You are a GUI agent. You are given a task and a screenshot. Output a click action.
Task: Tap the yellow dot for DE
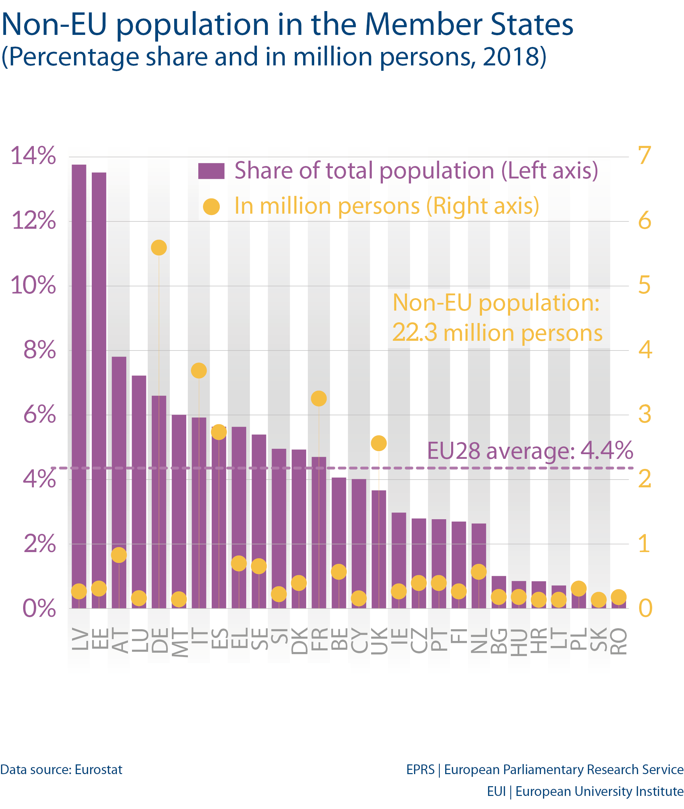click(x=158, y=247)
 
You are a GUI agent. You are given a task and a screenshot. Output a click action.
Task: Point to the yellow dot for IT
click(x=199, y=370)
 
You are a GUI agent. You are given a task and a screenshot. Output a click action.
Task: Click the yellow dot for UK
click(x=379, y=443)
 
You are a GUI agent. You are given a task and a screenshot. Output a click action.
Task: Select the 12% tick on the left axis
click(x=34, y=221)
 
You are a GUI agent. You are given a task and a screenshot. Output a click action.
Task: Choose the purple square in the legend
click(x=211, y=171)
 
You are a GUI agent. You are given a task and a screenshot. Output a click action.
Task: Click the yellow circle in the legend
click(x=211, y=207)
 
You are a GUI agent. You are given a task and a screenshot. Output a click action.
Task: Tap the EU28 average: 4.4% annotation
click(x=530, y=451)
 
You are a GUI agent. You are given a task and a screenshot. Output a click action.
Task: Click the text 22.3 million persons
click(x=497, y=333)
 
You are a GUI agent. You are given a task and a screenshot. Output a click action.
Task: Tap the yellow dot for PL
click(x=578, y=589)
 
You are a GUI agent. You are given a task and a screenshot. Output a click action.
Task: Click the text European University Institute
click(x=599, y=791)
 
